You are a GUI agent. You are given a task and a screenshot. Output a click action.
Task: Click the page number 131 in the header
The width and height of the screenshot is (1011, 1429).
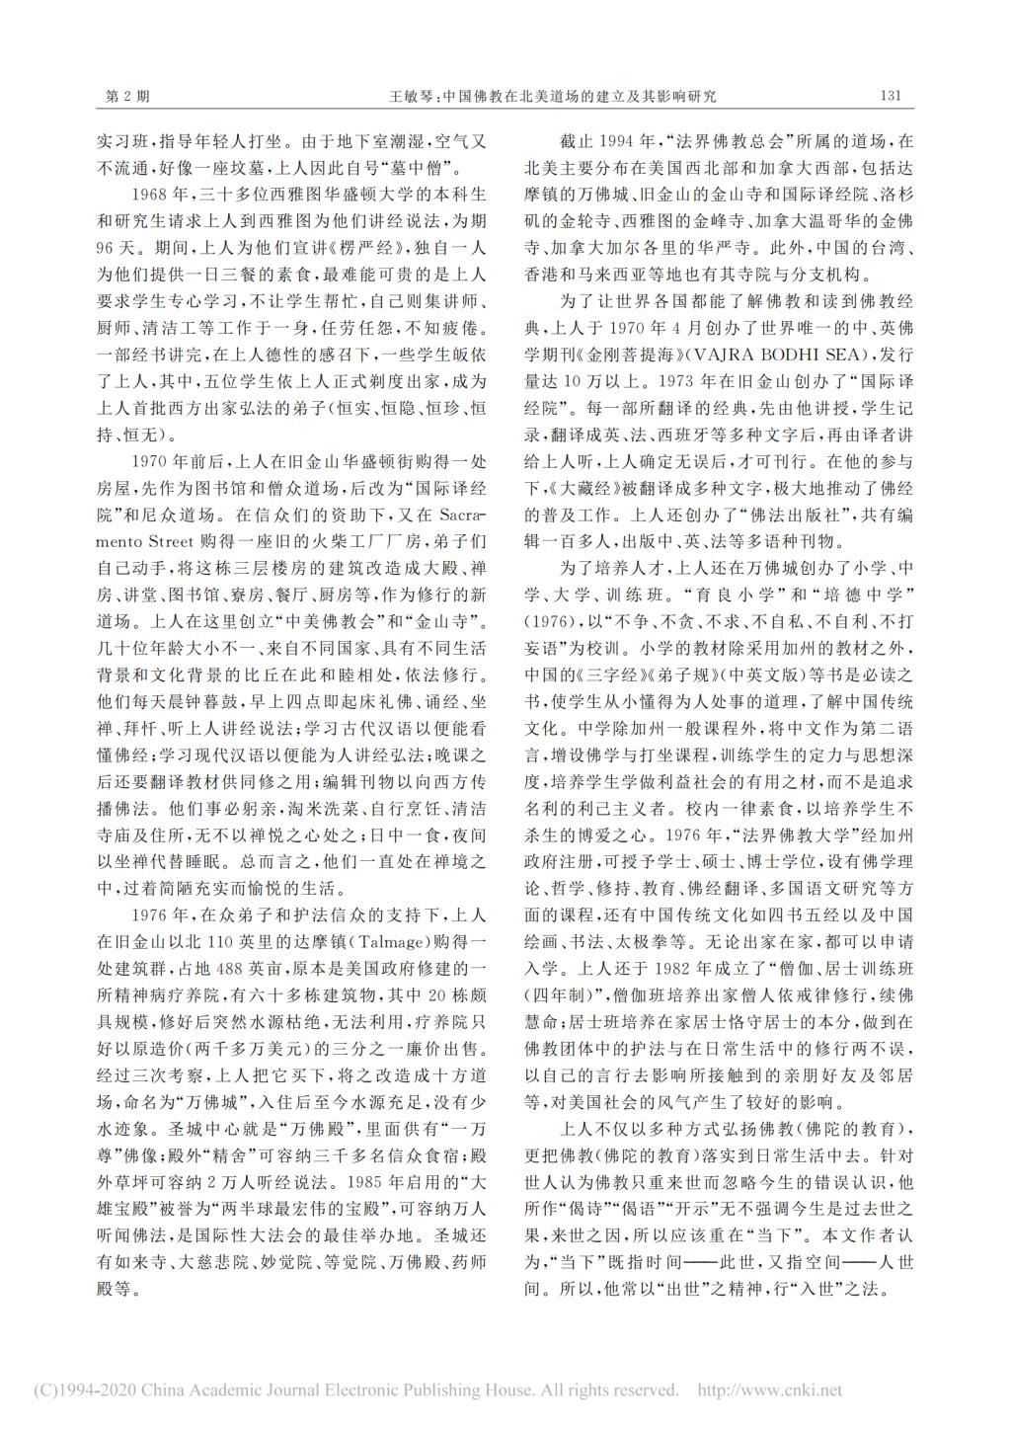coord(889,97)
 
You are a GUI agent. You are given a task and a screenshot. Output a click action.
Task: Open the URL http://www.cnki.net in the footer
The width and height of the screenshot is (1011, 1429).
coord(770,1390)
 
